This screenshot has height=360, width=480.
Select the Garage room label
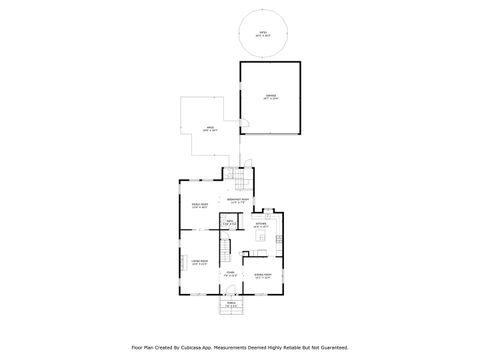pos(269,98)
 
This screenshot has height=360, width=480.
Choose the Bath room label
pos(229,222)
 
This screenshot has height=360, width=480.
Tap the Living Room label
pos(199,263)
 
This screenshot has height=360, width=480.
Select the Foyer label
pos(230,272)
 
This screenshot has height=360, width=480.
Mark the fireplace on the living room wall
pos(181,262)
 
